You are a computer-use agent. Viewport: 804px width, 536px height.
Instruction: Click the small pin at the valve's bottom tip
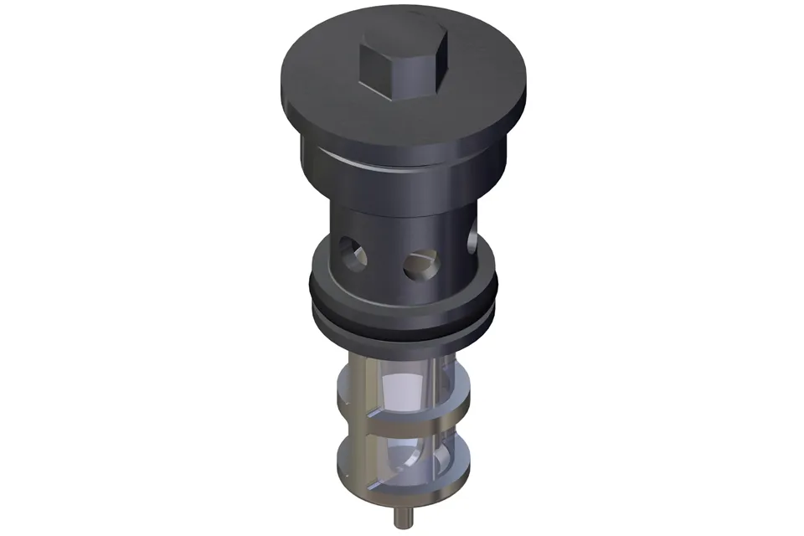pos(397,513)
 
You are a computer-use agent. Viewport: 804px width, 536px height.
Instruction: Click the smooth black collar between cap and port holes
pos(402,188)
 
